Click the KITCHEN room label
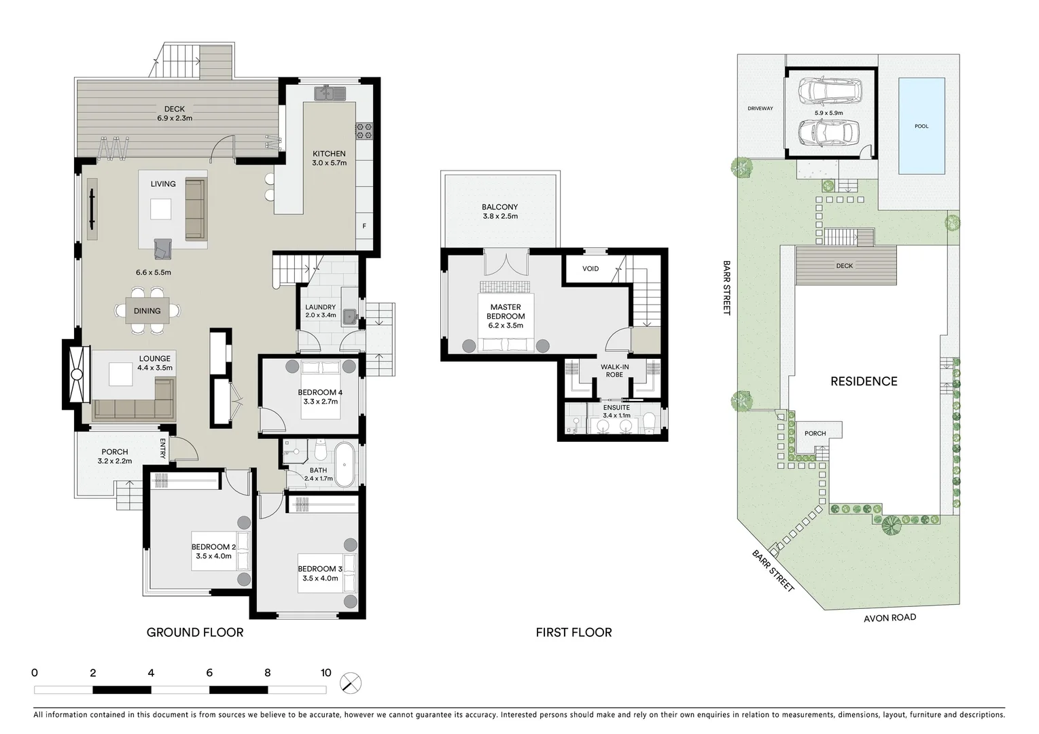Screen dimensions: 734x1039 tap(329, 154)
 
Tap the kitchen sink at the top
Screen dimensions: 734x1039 tap(330, 92)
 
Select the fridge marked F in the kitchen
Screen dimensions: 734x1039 tap(364, 226)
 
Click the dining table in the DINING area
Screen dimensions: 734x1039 tap(147, 311)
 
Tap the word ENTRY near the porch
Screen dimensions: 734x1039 tap(163, 449)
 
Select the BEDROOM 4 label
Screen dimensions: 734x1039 tap(320, 392)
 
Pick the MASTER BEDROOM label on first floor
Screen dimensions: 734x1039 tap(506, 312)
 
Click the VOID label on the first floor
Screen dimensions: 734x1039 tap(591, 268)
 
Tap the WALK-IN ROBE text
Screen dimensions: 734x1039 tap(614, 370)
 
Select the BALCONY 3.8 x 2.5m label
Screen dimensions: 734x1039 tap(500, 211)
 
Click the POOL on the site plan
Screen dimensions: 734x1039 tap(921, 126)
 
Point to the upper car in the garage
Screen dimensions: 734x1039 tap(828, 89)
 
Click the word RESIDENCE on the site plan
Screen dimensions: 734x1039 tap(864, 381)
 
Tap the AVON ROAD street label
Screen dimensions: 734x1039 tap(890, 618)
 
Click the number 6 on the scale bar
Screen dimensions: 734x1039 tap(209, 673)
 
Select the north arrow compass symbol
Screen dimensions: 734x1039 tap(351, 683)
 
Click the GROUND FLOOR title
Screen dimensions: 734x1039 tap(195, 633)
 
